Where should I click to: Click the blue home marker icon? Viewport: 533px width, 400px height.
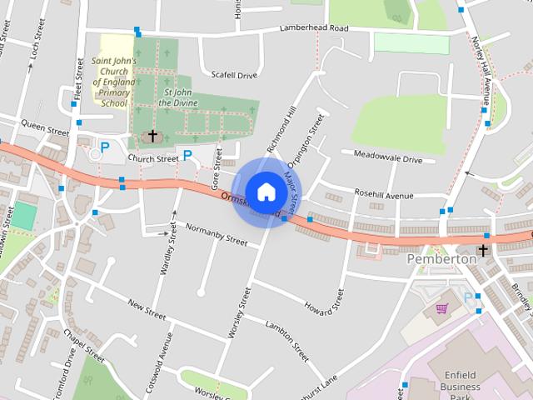click(266, 192)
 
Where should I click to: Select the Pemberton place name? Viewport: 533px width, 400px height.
click(441, 259)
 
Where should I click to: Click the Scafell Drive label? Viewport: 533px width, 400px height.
click(235, 75)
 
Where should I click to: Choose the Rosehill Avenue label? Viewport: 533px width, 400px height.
click(384, 196)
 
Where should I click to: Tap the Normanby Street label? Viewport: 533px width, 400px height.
click(217, 235)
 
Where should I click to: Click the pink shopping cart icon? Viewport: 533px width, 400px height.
click(441, 308)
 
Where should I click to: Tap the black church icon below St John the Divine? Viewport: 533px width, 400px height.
click(152, 135)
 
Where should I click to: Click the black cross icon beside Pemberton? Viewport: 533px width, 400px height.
click(484, 251)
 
